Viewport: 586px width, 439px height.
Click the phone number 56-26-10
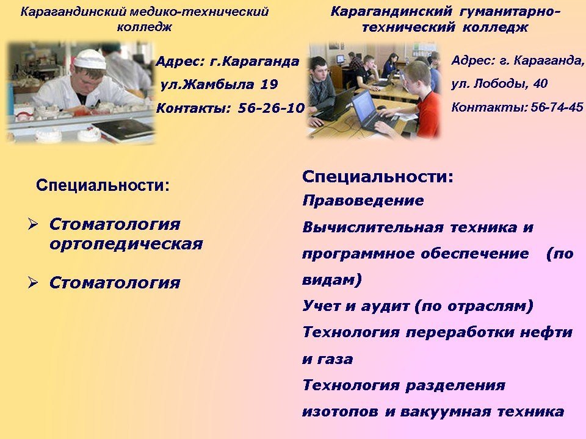pyautogui.click(x=271, y=109)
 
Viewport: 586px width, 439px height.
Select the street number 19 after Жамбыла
pyautogui.click(x=269, y=84)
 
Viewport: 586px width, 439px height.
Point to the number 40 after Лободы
pyautogui.click(x=540, y=84)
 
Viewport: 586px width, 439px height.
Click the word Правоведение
pyautogui.click(x=363, y=201)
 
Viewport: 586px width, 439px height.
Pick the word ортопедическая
pyautogui.click(x=126, y=244)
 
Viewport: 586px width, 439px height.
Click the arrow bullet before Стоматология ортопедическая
pyautogui.click(x=33, y=224)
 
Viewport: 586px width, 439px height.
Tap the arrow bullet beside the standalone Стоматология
pyautogui.click(x=33, y=282)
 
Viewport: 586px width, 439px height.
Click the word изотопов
pyautogui.click(x=340, y=412)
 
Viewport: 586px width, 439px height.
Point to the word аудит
pyautogui.click(x=385, y=307)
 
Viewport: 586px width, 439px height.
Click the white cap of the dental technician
pyautogui.click(x=90, y=59)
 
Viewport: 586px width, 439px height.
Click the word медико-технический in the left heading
pyautogui.click(x=199, y=12)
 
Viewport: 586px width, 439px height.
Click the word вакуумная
pyautogui.click(x=445, y=412)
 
